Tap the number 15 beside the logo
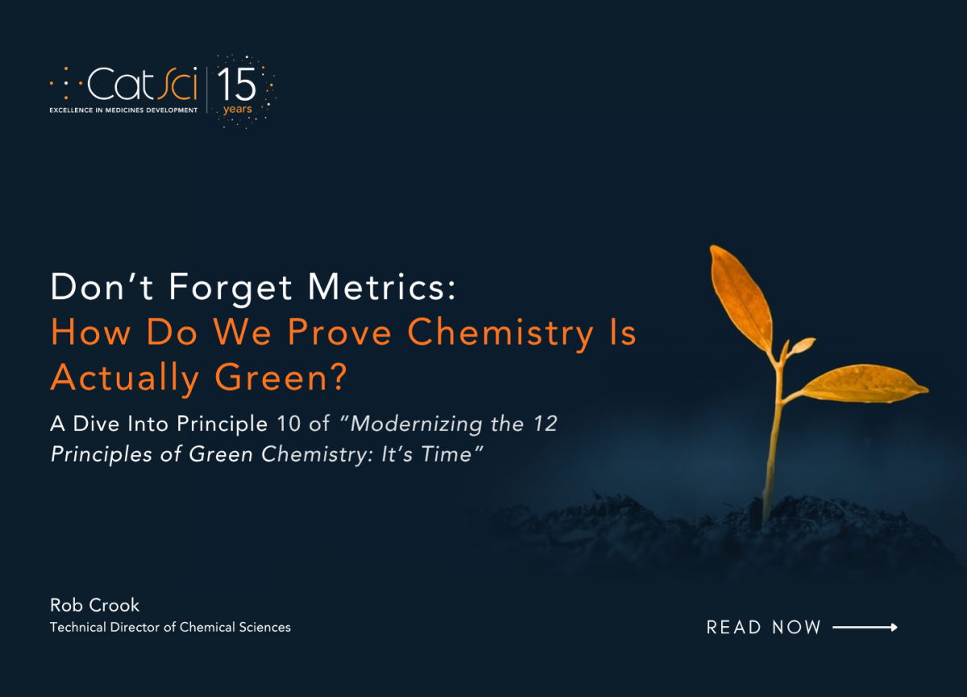(x=237, y=85)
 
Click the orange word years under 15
(x=238, y=110)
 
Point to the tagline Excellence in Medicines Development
(x=123, y=110)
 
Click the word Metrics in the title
(x=382, y=287)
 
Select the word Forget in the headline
(x=230, y=288)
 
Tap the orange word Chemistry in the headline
(x=500, y=334)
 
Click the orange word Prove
(x=339, y=332)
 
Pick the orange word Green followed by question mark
(x=280, y=377)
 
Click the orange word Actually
(x=124, y=379)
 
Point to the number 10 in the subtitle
(x=288, y=423)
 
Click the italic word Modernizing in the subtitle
(x=416, y=424)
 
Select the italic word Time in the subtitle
(x=446, y=454)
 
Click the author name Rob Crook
(x=94, y=605)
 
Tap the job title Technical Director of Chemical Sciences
(x=170, y=627)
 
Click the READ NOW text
(x=763, y=628)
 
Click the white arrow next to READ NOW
(x=865, y=627)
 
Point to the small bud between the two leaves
(x=802, y=345)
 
